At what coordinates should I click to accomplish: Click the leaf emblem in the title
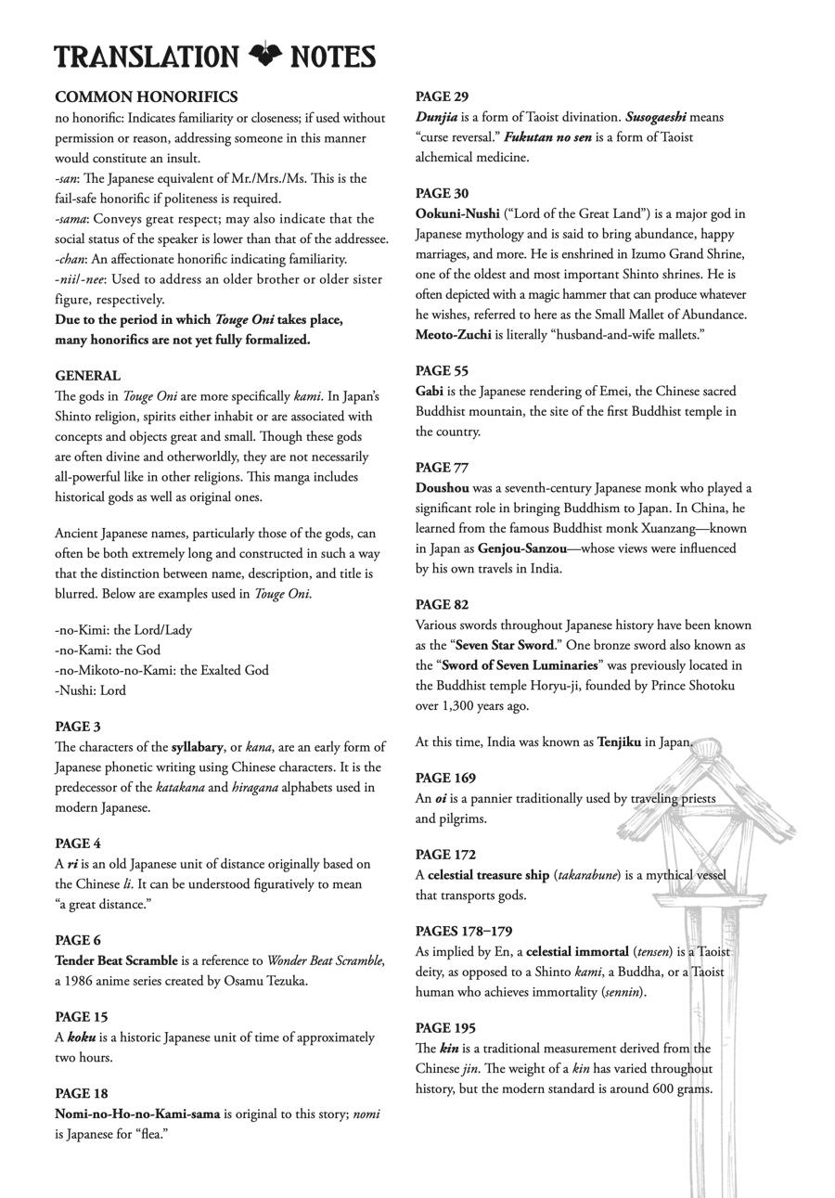[265, 56]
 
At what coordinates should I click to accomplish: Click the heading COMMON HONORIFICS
[146, 97]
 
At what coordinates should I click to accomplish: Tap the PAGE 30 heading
[442, 193]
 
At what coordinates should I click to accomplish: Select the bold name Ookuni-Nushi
[457, 213]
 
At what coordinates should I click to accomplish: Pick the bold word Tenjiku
[619, 741]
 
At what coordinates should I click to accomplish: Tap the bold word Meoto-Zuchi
[453, 334]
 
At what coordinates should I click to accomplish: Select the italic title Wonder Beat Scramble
[325, 960]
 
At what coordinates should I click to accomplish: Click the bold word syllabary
[197, 747]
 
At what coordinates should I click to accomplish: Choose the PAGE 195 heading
[445, 1028]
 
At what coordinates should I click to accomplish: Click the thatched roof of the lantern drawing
[705, 789]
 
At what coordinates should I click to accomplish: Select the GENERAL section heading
[87, 376]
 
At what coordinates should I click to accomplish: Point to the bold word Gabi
[430, 391]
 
